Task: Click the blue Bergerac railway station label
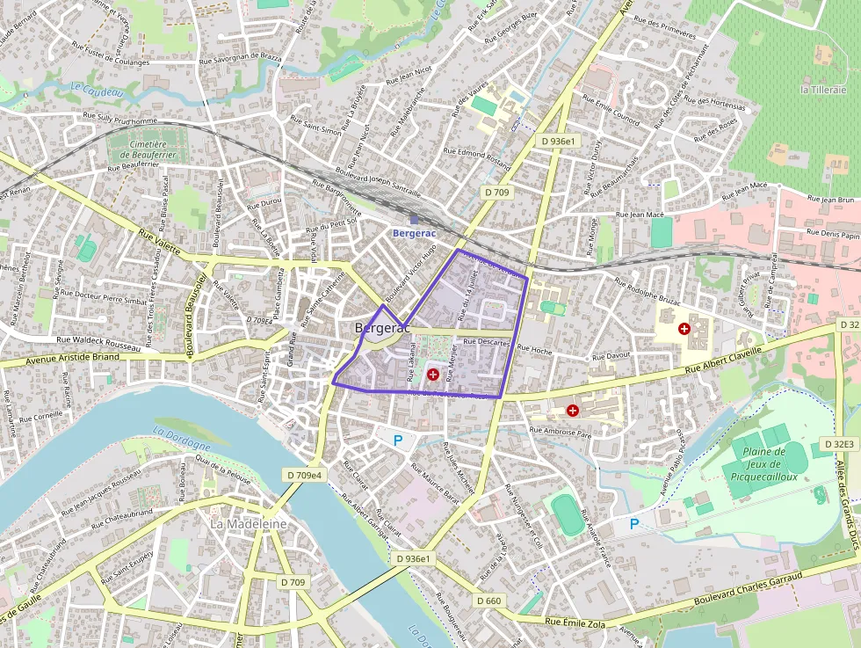tap(413, 233)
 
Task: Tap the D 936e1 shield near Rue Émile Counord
tap(558, 141)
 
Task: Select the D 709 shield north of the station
tap(496, 192)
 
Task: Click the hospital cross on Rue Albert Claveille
tap(684, 328)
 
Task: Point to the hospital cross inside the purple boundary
tap(432, 375)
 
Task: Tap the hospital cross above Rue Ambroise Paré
tap(573, 410)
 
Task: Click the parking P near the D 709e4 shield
tap(398, 440)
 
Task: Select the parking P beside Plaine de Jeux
tap(634, 524)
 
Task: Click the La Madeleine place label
tap(249, 523)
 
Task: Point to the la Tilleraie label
tap(823, 90)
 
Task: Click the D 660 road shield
tap(488, 601)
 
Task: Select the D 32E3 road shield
tap(840, 444)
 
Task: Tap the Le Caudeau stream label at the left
tap(92, 88)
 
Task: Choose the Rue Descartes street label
tap(486, 342)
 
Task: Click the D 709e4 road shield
tap(304, 475)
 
